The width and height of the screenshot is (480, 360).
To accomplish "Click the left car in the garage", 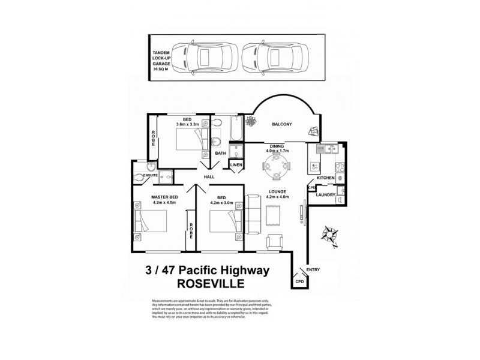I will (x=204, y=58).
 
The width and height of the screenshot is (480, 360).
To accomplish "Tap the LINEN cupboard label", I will (x=236, y=165).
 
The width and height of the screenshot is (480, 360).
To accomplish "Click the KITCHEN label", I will (x=325, y=178).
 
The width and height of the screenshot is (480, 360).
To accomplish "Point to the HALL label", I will (x=209, y=177).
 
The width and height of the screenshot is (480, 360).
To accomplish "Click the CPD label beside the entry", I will (x=299, y=281).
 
